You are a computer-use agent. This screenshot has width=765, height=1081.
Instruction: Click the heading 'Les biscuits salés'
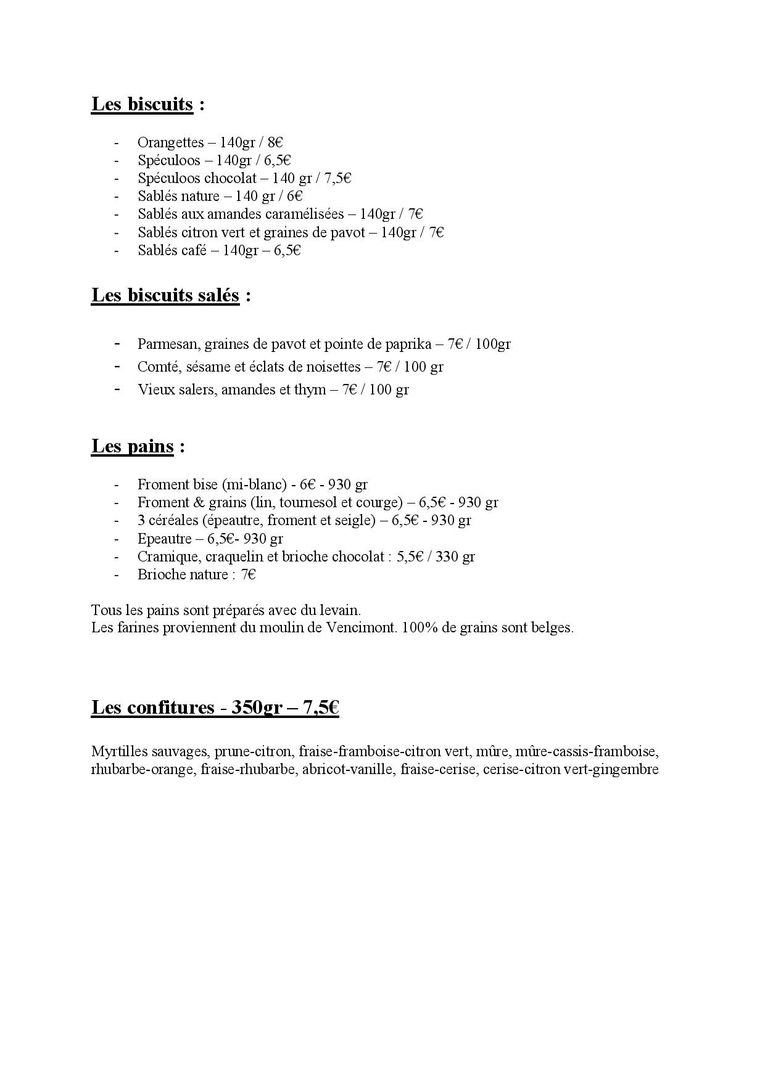(165, 295)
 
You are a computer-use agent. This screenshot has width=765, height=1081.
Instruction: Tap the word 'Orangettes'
(170, 142)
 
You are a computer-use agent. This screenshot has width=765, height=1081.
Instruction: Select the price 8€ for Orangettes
(275, 142)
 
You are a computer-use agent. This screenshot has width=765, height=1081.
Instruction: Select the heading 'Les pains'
(132, 446)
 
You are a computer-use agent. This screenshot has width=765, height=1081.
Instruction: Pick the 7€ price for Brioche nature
(249, 574)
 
